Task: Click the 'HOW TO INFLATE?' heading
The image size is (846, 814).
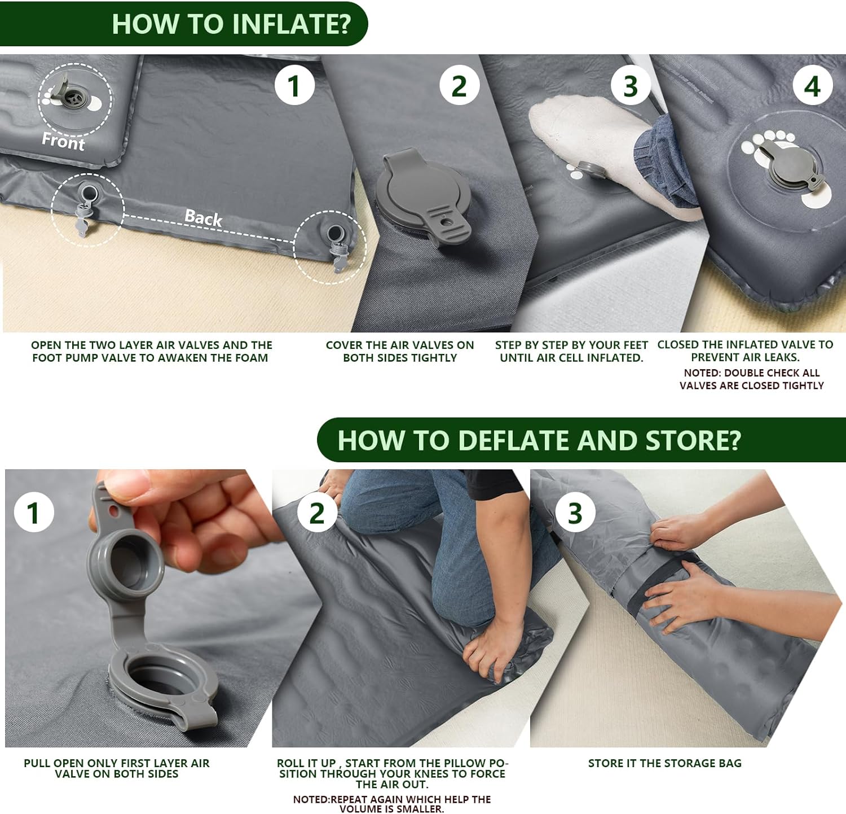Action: coord(231,24)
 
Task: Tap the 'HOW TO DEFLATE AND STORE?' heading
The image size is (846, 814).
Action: coord(539,440)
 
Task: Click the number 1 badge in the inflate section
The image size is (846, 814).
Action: coord(294,86)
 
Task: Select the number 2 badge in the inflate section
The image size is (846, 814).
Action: coord(459,86)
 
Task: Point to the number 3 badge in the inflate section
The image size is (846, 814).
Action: coord(631,86)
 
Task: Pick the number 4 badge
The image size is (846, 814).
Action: coord(812,86)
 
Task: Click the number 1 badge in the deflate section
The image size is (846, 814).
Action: coord(33,513)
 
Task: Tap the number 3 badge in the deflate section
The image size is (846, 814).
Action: coord(575,513)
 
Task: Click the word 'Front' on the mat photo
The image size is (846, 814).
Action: coord(63,141)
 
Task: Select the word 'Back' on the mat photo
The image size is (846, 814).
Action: coord(203,218)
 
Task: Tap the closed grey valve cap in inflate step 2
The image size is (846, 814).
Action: coord(424,198)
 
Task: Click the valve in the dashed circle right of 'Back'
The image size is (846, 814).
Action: coord(337,245)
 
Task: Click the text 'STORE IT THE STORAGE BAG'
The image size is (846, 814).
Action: coord(665,763)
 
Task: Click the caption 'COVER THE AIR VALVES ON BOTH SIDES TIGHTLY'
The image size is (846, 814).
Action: coord(400,351)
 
